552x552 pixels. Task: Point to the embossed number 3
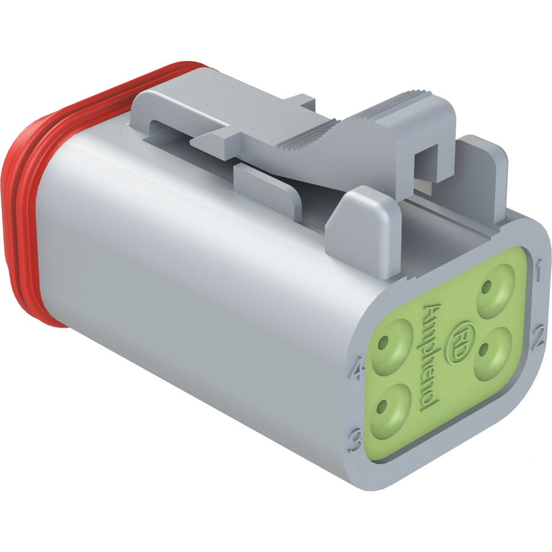(356, 440)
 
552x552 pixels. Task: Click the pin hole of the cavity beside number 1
(487, 289)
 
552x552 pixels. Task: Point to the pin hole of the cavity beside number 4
(385, 342)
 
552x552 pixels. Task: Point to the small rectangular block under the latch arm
(267, 184)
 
